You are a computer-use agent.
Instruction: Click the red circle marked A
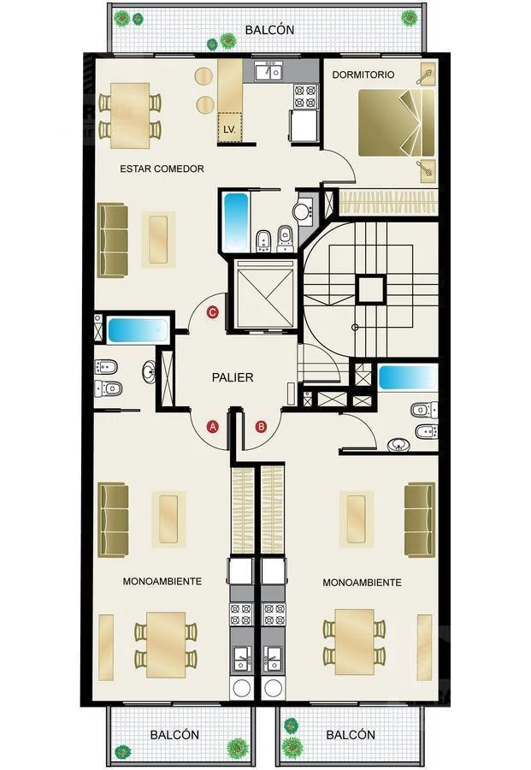pyautogui.click(x=212, y=426)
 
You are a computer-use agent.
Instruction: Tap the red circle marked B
pyautogui.click(x=261, y=426)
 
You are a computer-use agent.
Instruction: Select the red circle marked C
pyautogui.click(x=213, y=312)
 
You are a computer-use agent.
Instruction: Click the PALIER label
pyautogui.click(x=233, y=377)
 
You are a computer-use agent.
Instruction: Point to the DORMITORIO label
pyautogui.click(x=363, y=74)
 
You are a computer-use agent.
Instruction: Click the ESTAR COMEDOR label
pyautogui.click(x=162, y=169)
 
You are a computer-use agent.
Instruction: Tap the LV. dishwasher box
pyautogui.click(x=230, y=127)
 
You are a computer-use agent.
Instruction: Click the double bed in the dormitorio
pyautogui.click(x=397, y=122)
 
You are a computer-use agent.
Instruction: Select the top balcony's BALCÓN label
pyautogui.click(x=270, y=29)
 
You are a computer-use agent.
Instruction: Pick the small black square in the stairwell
pyautogui.click(x=370, y=290)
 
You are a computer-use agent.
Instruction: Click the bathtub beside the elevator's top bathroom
pyautogui.click(x=236, y=222)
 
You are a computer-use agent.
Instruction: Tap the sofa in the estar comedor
pyautogui.click(x=114, y=240)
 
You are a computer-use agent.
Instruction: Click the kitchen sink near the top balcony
pyautogui.click(x=269, y=72)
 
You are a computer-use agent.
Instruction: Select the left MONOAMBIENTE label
pyautogui.click(x=162, y=582)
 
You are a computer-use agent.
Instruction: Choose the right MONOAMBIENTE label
pyautogui.click(x=363, y=583)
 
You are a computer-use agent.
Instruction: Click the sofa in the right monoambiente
pyautogui.click(x=420, y=520)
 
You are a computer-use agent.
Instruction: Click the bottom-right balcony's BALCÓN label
pyautogui.click(x=351, y=735)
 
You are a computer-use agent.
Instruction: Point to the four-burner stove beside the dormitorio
pyautogui.click(x=304, y=96)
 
